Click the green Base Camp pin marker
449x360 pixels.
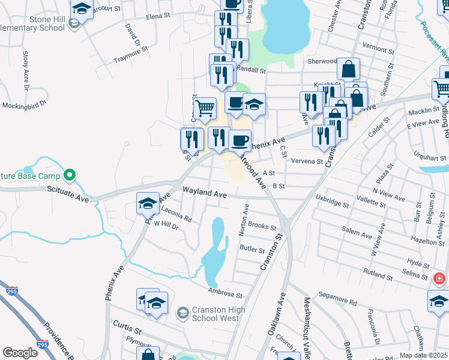(70, 176)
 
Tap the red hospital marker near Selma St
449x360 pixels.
(439, 279)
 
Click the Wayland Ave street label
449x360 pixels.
(205, 194)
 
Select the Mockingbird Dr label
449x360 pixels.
(24, 106)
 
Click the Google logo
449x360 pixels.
(20, 352)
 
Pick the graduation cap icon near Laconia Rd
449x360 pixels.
(147, 202)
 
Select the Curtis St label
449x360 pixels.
(127, 327)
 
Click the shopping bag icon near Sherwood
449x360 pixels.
(348, 68)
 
